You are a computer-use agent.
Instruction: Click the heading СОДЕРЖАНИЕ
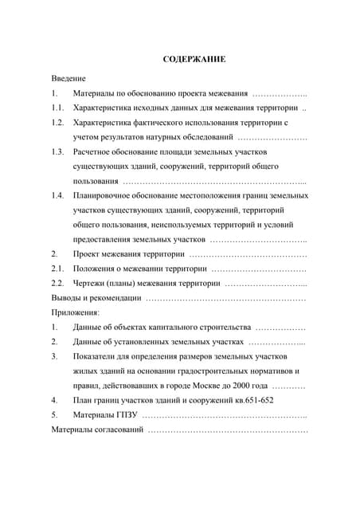(x=194, y=59)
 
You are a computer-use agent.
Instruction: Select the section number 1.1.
(x=57, y=108)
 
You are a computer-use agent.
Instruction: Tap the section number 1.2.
(x=57, y=123)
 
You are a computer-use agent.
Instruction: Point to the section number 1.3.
(x=57, y=151)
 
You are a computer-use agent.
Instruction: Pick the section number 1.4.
(x=57, y=195)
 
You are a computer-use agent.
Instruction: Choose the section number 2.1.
(x=57, y=269)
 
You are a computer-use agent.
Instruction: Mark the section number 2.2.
(x=57, y=283)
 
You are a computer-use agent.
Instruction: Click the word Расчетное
(x=96, y=151)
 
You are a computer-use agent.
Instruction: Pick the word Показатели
(x=98, y=356)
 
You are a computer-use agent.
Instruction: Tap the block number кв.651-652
(x=248, y=400)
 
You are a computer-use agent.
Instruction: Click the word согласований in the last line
(x=119, y=430)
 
